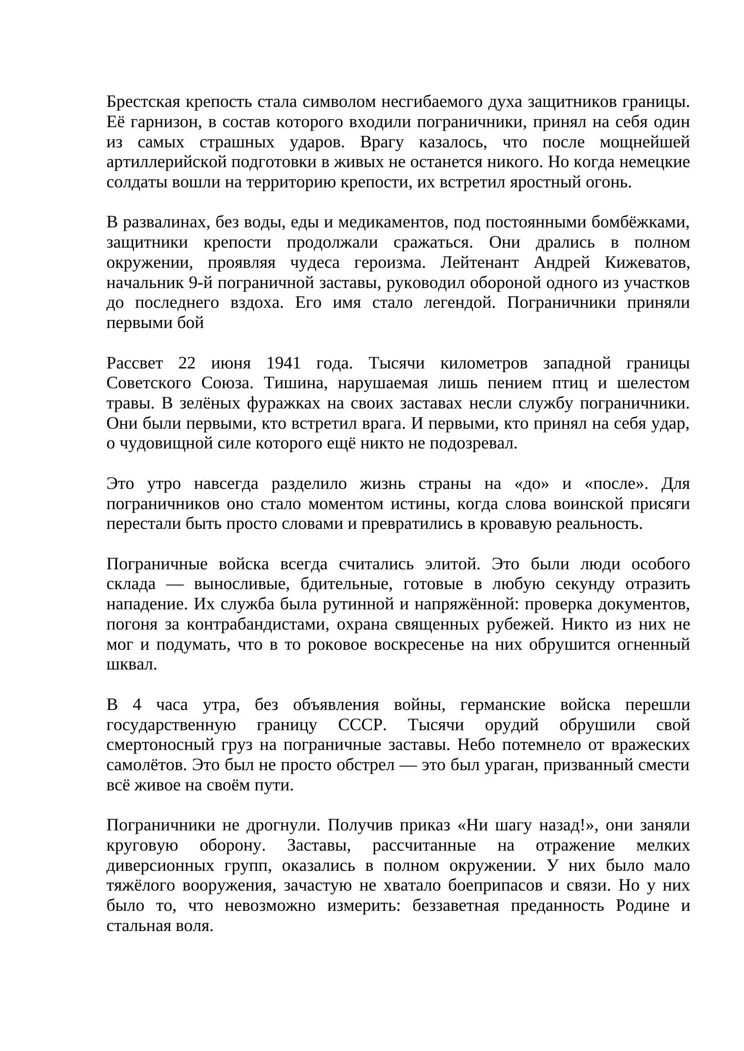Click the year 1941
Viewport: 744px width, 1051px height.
click(283, 363)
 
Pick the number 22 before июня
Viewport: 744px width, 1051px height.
click(187, 363)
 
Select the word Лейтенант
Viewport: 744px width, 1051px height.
click(479, 263)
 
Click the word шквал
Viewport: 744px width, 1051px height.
click(131, 665)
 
